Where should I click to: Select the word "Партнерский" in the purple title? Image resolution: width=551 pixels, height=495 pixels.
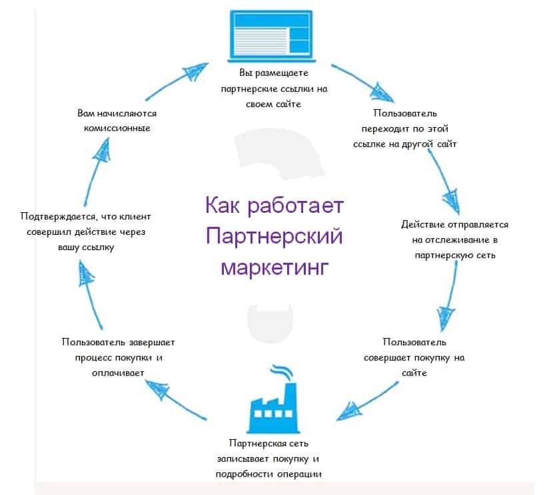pos(274,236)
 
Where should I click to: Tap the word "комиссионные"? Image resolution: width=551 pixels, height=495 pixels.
pos(117,128)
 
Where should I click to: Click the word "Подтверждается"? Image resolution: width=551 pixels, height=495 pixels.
pos(57,216)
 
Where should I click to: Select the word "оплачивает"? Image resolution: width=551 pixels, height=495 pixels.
pos(117,373)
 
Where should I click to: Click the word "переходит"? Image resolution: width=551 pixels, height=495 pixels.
pos(384,128)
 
